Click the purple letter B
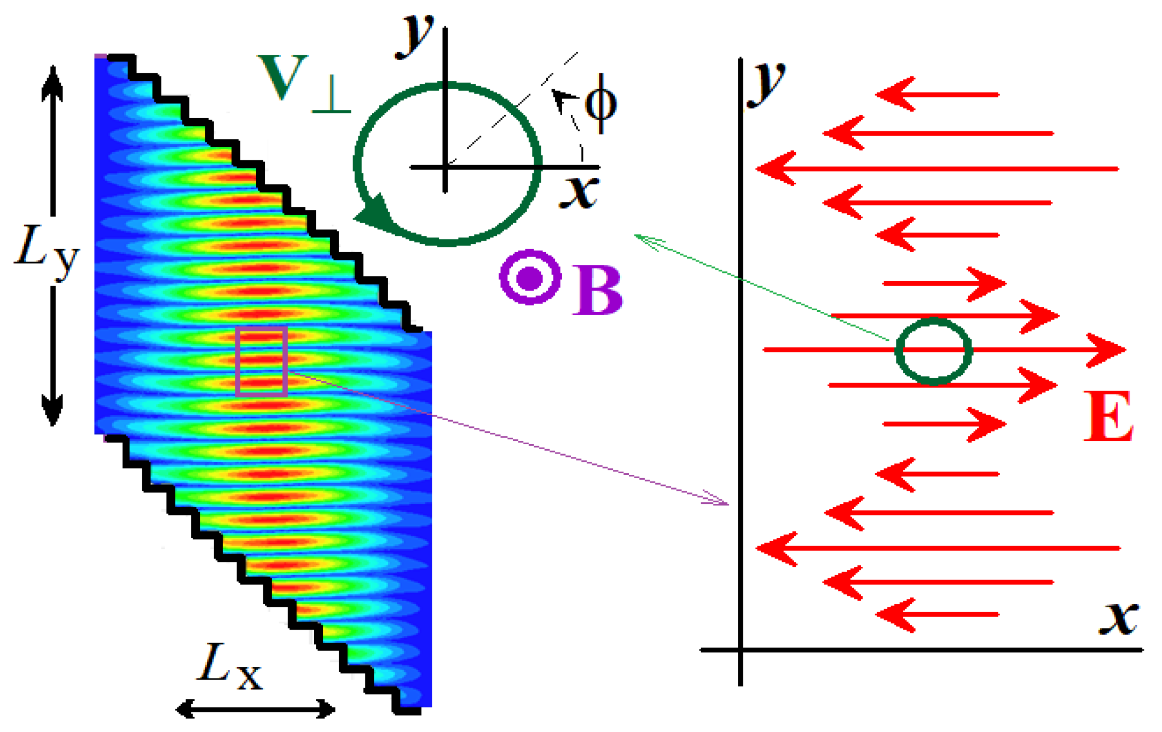tap(598, 291)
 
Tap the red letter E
tap(1108, 416)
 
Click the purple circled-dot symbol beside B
tap(530, 277)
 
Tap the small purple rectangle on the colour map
tap(262, 361)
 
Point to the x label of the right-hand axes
tap(1119, 618)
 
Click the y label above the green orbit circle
tap(414, 34)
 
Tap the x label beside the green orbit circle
tap(579, 192)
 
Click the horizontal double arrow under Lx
tap(255, 709)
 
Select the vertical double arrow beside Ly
tap(53, 246)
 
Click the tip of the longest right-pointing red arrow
tap(1126, 349)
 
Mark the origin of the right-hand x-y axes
tap(741, 650)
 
